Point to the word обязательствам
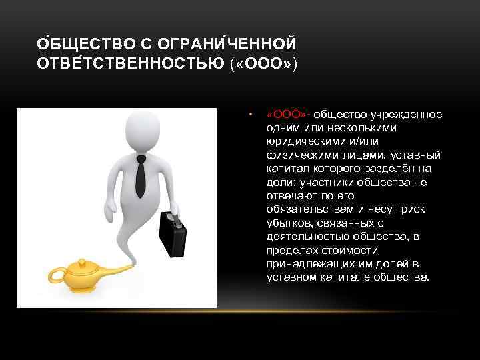pos(305,209)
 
